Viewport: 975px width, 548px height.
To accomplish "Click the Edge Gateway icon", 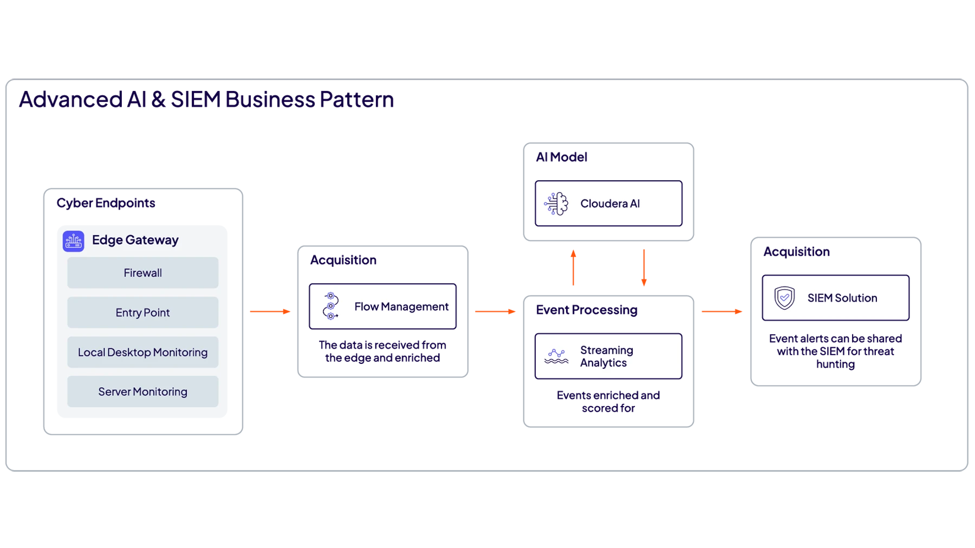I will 74,241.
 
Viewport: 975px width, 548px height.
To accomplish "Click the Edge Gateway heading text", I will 135,240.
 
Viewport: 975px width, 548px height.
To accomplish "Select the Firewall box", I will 142,273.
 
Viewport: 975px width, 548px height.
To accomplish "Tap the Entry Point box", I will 142,312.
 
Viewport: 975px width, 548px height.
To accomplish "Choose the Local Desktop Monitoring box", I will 142,352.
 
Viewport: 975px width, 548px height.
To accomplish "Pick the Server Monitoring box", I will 142,392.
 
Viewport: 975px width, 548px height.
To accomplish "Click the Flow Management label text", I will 401,306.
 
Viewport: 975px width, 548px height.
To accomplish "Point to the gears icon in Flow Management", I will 330,306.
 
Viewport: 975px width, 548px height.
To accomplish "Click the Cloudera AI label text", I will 610,204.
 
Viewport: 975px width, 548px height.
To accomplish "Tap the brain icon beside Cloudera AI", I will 556,204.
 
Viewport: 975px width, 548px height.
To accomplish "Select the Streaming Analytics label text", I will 606,356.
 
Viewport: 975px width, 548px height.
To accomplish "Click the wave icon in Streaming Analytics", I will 556,356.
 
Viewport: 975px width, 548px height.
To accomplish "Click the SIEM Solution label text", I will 842,298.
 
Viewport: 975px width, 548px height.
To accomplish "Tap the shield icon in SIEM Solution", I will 784,298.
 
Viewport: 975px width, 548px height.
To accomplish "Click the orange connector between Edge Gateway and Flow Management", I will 270,312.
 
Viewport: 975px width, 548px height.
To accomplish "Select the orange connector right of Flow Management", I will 496,312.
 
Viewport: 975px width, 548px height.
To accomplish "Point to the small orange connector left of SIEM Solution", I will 723,312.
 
